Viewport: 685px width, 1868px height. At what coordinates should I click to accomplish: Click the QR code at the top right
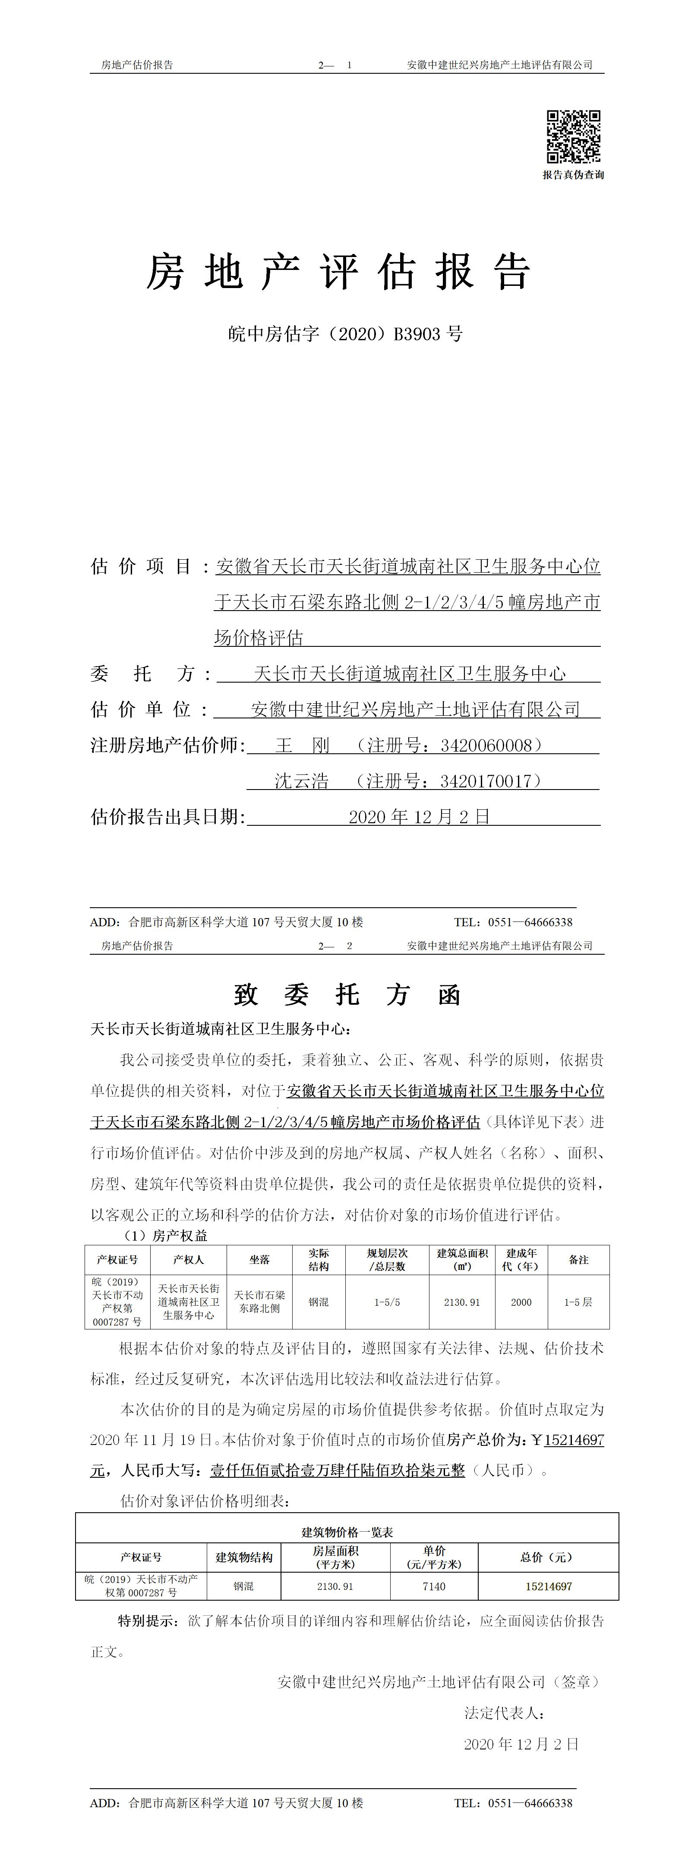573,136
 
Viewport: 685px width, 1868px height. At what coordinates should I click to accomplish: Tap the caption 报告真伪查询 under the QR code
573,175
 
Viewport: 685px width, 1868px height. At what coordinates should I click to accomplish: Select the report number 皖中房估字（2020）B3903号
345,334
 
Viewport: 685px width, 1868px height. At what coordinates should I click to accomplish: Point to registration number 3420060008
491,746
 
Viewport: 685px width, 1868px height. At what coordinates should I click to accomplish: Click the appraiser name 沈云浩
301,781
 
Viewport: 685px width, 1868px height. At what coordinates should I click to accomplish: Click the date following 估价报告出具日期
420,817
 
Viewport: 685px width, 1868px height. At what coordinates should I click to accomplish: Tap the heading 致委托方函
347,995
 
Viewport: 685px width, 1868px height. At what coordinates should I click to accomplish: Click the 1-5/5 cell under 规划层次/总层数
387,1302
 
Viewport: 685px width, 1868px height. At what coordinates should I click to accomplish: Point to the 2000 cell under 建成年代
521,1302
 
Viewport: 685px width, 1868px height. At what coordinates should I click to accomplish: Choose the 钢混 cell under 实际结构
319,1302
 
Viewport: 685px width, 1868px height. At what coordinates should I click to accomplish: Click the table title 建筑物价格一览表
347,1532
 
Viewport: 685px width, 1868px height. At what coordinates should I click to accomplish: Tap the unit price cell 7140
434,1586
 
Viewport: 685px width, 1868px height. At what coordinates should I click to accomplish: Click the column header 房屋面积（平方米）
335,1557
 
